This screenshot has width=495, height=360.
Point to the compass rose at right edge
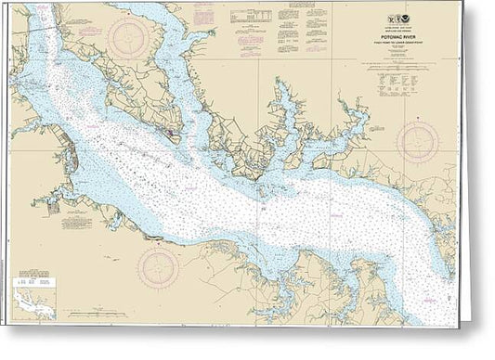(417, 142)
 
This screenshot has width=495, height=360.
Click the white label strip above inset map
(34, 277)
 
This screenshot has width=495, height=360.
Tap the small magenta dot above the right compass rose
(417, 109)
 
